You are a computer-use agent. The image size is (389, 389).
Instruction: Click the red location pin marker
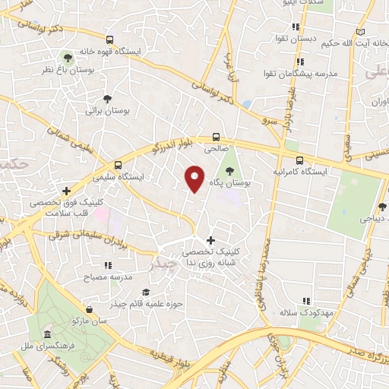pyautogui.click(x=194, y=179)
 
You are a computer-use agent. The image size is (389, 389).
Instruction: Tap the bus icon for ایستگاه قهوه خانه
pyautogui.click(x=110, y=40)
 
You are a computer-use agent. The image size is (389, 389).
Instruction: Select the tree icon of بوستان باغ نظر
pyautogui.click(x=68, y=57)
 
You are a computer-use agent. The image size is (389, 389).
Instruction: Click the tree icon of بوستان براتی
pyautogui.click(x=107, y=98)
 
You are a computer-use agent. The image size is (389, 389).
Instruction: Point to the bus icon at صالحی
pyautogui.click(x=217, y=138)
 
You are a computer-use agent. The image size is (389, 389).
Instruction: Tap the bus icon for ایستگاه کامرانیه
pyautogui.click(x=299, y=160)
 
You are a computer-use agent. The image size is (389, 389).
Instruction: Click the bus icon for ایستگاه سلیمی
pyautogui.click(x=118, y=165)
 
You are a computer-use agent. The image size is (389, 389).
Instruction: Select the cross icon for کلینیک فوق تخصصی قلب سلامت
pyautogui.click(x=67, y=191)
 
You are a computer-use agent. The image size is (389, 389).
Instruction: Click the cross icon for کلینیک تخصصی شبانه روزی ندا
pyautogui.click(x=211, y=240)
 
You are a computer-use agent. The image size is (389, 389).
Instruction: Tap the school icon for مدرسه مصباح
pyautogui.click(x=108, y=265)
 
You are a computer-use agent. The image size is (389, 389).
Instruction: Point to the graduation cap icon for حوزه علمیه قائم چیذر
pyautogui.click(x=145, y=293)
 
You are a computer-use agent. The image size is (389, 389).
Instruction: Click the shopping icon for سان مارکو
pyautogui.click(x=90, y=309)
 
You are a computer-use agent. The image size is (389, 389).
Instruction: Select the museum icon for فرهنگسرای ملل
pyautogui.click(x=48, y=335)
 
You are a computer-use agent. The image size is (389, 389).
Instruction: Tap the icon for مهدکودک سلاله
pyautogui.click(x=306, y=301)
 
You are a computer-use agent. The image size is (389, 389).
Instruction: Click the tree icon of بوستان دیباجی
pyautogui.click(x=381, y=206)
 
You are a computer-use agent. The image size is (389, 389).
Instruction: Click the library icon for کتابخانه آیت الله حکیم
pyautogui.click(x=360, y=31)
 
